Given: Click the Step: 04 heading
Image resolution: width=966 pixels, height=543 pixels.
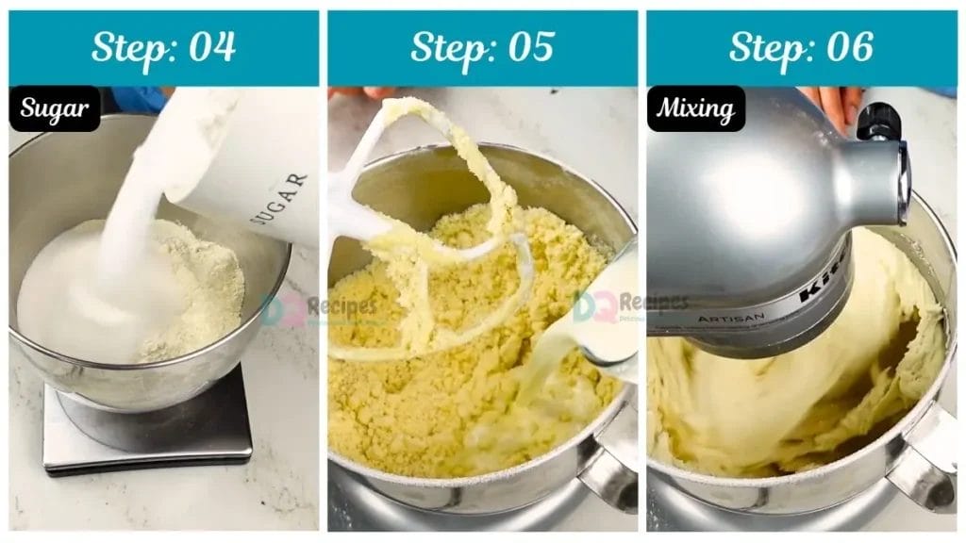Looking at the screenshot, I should point(163,47).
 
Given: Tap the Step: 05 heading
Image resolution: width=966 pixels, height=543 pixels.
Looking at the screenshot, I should point(482,47).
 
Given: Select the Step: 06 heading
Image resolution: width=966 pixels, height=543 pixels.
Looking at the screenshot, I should point(801,47).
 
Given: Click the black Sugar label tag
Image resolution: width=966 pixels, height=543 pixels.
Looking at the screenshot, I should point(55,109).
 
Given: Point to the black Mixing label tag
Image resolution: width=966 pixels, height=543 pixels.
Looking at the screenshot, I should point(696,109).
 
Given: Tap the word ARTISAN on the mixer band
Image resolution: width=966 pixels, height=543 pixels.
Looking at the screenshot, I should point(732,318).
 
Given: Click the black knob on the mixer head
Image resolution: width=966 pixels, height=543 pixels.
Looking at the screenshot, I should point(879,121).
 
